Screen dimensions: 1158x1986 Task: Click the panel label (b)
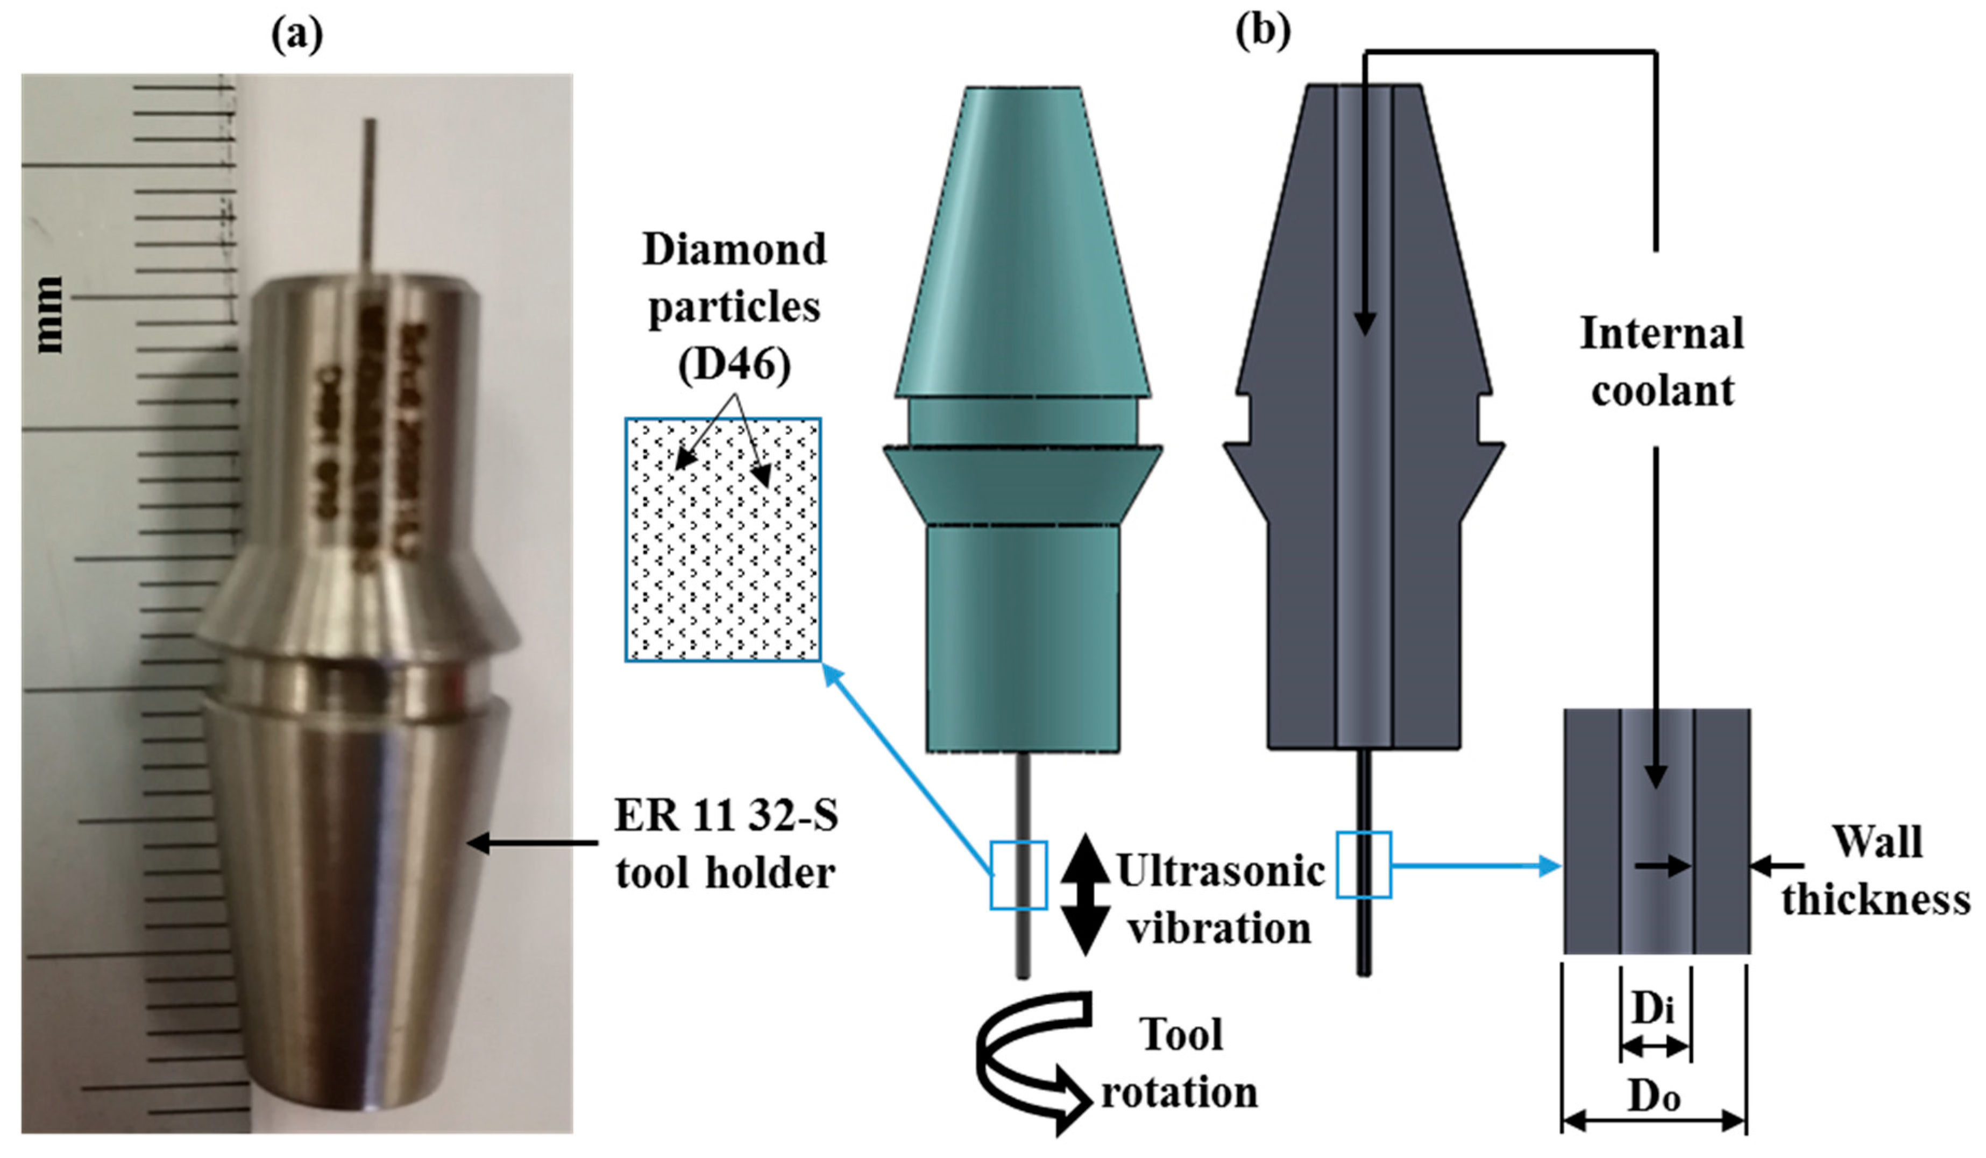1262,32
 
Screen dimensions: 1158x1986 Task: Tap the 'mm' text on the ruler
49,314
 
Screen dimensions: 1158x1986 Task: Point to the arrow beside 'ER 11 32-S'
533,843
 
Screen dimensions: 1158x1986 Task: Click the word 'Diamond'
734,250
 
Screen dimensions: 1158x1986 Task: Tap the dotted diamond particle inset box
722,540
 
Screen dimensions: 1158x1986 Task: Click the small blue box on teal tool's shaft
1018,875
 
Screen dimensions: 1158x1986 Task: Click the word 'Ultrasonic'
1221,872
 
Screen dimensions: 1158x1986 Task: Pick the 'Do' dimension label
1654,1097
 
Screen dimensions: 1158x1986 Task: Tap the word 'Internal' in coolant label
1661,334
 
